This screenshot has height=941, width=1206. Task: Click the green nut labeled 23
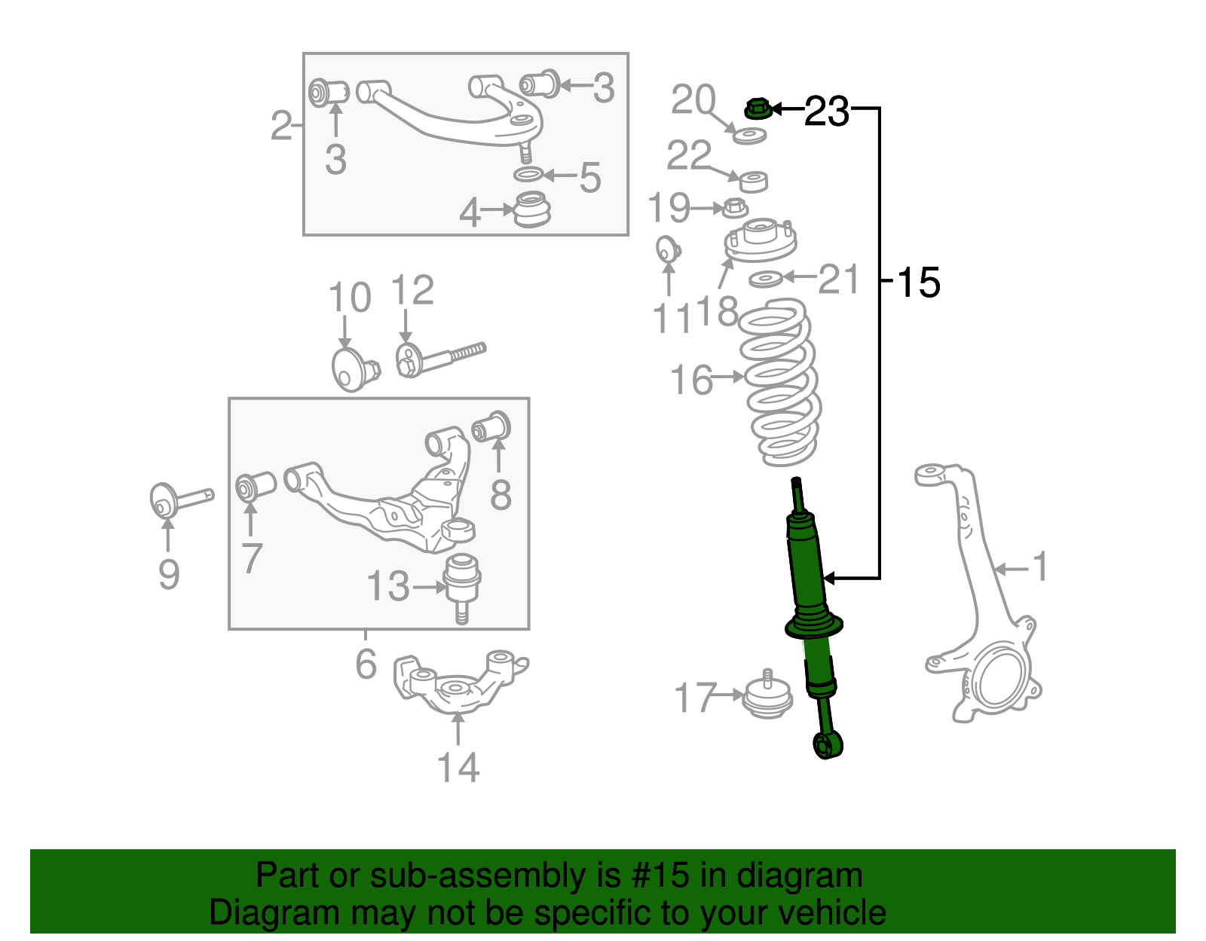click(758, 109)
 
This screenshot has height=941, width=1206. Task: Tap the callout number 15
click(919, 283)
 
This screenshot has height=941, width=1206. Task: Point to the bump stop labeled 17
click(767, 697)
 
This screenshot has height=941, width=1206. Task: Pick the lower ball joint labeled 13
click(462, 584)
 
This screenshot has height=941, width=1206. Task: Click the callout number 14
click(458, 767)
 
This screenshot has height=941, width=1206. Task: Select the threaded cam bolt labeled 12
click(437, 359)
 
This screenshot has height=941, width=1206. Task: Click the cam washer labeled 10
click(350, 369)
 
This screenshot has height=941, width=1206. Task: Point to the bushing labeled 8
click(491, 427)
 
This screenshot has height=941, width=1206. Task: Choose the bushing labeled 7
click(256, 486)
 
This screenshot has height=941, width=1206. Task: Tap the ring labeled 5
click(528, 175)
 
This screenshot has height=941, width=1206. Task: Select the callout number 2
click(280, 125)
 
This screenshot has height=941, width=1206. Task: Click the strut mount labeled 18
click(760, 240)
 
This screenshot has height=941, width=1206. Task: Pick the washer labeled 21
click(766, 280)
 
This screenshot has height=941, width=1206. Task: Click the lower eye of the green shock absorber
click(828, 746)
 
